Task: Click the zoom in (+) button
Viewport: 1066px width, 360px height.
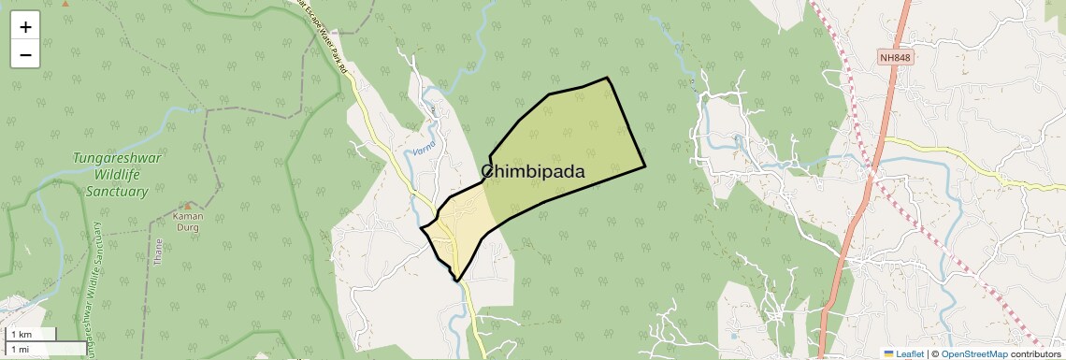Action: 25,27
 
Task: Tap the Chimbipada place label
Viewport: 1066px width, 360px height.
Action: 533,172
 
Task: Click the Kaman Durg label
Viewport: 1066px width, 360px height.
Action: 188,220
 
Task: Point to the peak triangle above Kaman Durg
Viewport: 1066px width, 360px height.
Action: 188,206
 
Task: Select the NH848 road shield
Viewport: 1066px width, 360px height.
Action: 895,58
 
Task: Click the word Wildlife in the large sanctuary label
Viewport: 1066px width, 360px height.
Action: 117,175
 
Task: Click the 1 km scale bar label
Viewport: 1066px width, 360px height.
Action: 22,334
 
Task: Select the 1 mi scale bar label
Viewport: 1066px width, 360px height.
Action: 20,349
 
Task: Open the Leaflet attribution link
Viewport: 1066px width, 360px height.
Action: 910,353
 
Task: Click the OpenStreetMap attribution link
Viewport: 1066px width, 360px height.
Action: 973,353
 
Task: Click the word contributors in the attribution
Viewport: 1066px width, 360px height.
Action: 1035,353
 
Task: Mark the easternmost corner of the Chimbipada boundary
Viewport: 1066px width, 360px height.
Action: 645,166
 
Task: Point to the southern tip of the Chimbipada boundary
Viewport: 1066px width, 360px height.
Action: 457,280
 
